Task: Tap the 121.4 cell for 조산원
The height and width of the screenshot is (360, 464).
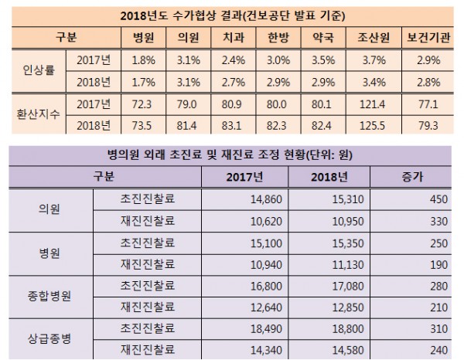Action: (x=380, y=103)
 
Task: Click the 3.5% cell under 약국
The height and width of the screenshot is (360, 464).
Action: (x=333, y=58)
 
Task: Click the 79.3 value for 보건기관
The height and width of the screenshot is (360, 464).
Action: (x=433, y=124)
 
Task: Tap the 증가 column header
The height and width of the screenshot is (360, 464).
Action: (x=418, y=177)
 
